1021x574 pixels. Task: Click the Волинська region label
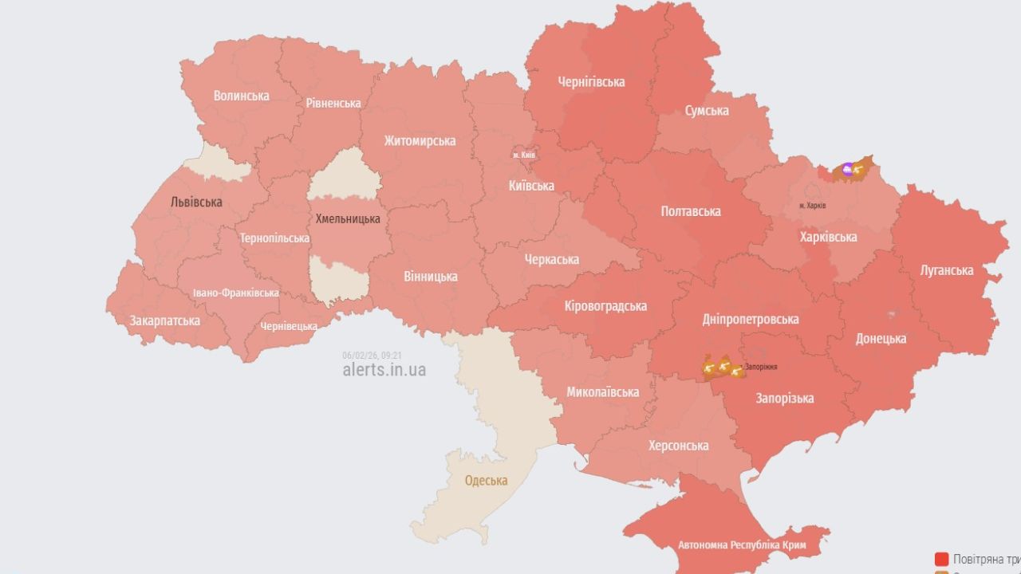coord(241,96)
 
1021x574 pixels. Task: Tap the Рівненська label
coord(333,103)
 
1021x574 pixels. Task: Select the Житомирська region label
coord(420,141)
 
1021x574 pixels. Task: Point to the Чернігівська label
coord(591,82)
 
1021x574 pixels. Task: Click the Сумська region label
coord(707,111)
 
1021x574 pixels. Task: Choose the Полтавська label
coord(691,211)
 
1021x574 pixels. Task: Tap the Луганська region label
coord(947,270)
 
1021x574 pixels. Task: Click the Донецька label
coord(881,339)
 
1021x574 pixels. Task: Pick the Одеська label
coord(486,481)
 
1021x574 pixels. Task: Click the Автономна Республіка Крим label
coord(742,546)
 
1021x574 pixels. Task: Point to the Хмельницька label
coord(348,218)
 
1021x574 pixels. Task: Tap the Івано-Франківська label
coord(236,293)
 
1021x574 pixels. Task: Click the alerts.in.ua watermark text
coord(384,370)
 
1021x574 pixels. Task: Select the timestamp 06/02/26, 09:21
coord(372,356)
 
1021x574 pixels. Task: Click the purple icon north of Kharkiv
coord(847,168)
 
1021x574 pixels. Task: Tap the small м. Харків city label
coord(812,206)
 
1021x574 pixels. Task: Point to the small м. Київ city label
coord(523,155)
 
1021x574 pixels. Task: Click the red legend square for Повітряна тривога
coord(942,559)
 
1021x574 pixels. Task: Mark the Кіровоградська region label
coord(605,306)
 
